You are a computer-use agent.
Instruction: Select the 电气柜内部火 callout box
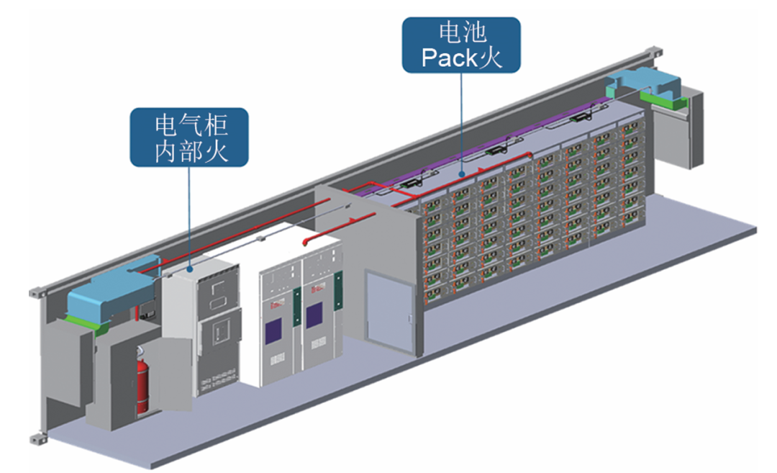click(189, 138)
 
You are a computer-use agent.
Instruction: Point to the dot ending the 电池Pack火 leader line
click(461, 174)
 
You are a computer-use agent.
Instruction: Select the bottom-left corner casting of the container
click(35, 438)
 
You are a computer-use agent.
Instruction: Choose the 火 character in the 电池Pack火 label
click(491, 57)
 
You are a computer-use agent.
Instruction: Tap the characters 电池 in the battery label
click(461, 32)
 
